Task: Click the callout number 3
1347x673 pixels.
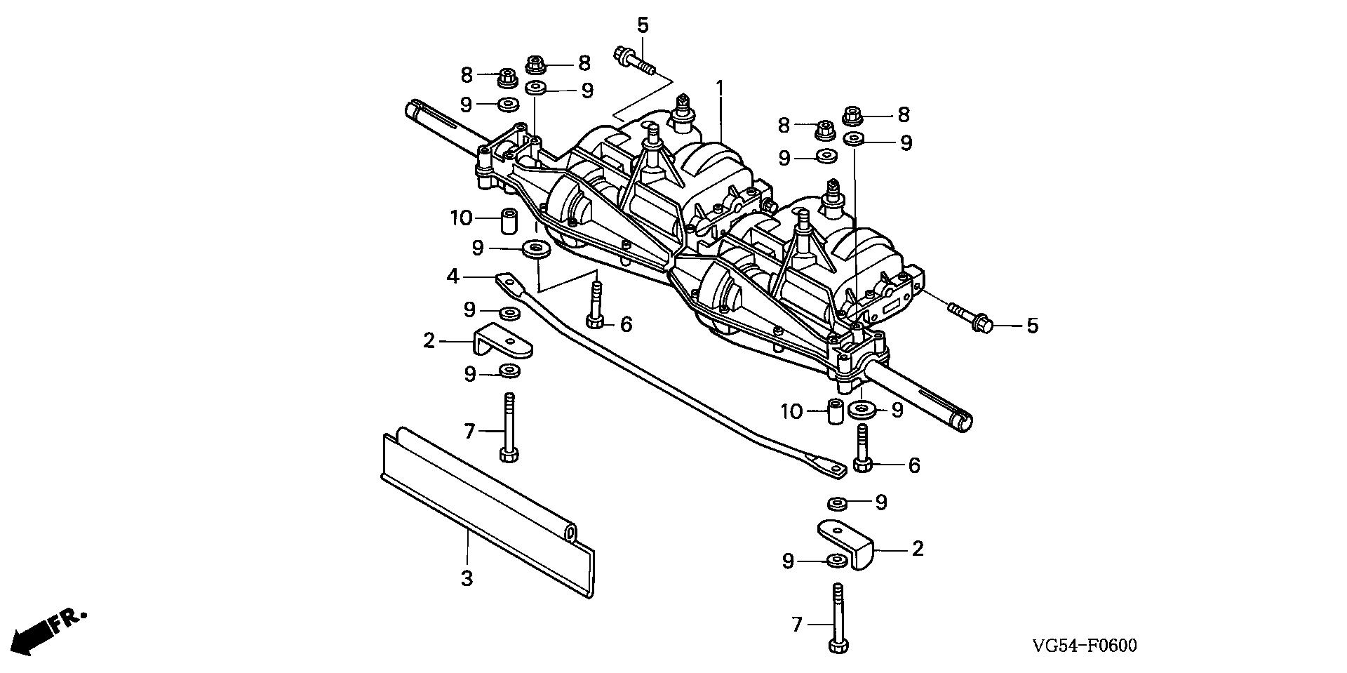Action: coord(467,579)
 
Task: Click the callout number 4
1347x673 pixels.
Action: coord(453,277)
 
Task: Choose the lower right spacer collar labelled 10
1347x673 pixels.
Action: coord(835,411)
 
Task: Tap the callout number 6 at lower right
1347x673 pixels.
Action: coord(913,465)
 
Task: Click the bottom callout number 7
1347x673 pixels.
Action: coord(796,624)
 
